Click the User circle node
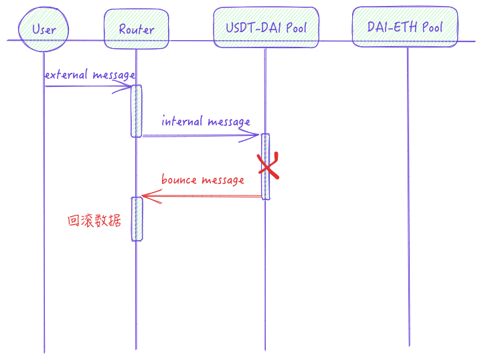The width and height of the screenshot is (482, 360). [x=44, y=29]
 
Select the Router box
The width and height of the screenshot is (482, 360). [x=136, y=29]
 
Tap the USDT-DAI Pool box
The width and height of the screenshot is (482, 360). [x=266, y=27]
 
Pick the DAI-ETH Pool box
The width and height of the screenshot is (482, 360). [x=404, y=27]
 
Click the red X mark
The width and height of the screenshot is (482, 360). [x=268, y=166]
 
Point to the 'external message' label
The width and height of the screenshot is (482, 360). [x=90, y=75]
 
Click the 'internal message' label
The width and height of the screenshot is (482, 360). [x=206, y=122]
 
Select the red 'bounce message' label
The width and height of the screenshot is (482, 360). [x=202, y=180]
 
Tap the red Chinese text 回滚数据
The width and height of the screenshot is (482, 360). [x=94, y=220]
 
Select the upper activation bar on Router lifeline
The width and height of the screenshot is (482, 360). [x=137, y=110]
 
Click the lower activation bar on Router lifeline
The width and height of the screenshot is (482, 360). [x=137, y=219]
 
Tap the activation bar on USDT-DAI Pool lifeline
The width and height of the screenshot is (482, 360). [x=266, y=166]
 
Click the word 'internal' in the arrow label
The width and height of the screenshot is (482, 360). [x=183, y=122]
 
